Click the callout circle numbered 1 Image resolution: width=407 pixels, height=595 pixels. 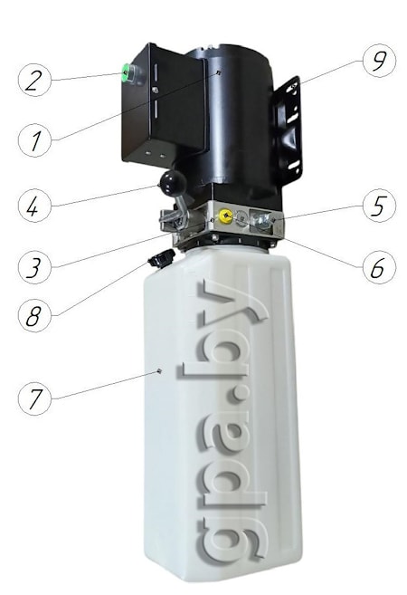[x=34, y=139]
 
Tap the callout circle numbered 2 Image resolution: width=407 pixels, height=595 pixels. [x=34, y=80]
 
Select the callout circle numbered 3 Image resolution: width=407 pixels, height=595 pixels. [x=34, y=267]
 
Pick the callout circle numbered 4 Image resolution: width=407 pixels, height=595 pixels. [x=34, y=206]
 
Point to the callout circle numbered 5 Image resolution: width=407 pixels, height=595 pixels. [x=379, y=206]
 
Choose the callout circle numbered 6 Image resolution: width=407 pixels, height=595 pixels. [x=379, y=267]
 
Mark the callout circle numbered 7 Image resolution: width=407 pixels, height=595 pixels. [x=34, y=398]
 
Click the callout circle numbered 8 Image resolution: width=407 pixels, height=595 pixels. [x=34, y=315]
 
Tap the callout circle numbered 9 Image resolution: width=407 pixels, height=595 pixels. [x=379, y=61]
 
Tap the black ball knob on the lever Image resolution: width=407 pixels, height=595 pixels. [x=173, y=183]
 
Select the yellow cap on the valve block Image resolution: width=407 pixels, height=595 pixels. [x=224, y=216]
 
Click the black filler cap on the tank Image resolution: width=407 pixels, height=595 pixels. [x=161, y=259]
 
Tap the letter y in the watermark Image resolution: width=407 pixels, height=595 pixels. [x=232, y=304]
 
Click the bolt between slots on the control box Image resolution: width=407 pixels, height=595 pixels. [x=155, y=90]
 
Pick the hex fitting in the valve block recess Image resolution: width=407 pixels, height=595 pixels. [x=262, y=220]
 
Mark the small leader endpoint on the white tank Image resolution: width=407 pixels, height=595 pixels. [x=159, y=371]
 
